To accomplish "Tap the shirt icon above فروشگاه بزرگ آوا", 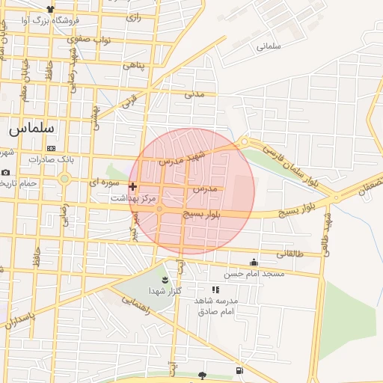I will pyautogui.click(x=50, y=9).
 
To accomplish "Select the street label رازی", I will pyautogui.click(x=134, y=16).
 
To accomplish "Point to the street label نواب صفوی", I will pyautogui.click(x=95, y=39).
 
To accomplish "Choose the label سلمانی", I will pyautogui.click(x=268, y=46).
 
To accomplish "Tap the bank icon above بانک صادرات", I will pyautogui.click(x=50, y=148).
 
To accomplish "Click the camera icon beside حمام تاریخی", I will pyautogui.click(x=5, y=173).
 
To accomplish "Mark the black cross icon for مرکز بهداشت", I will pyautogui.click(x=133, y=186).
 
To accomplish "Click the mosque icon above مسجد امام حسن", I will pyautogui.click(x=254, y=262).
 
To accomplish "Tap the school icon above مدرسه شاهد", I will pyautogui.click(x=215, y=289).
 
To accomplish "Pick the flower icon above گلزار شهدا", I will pyautogui.click(x=165, y=280).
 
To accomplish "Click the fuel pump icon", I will pyautogui.click(x=239, y=370).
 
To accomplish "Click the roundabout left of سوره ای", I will pyautogui.click(x=64, y=179).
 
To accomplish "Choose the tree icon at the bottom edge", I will pyautogui.click(x=202, y=375).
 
